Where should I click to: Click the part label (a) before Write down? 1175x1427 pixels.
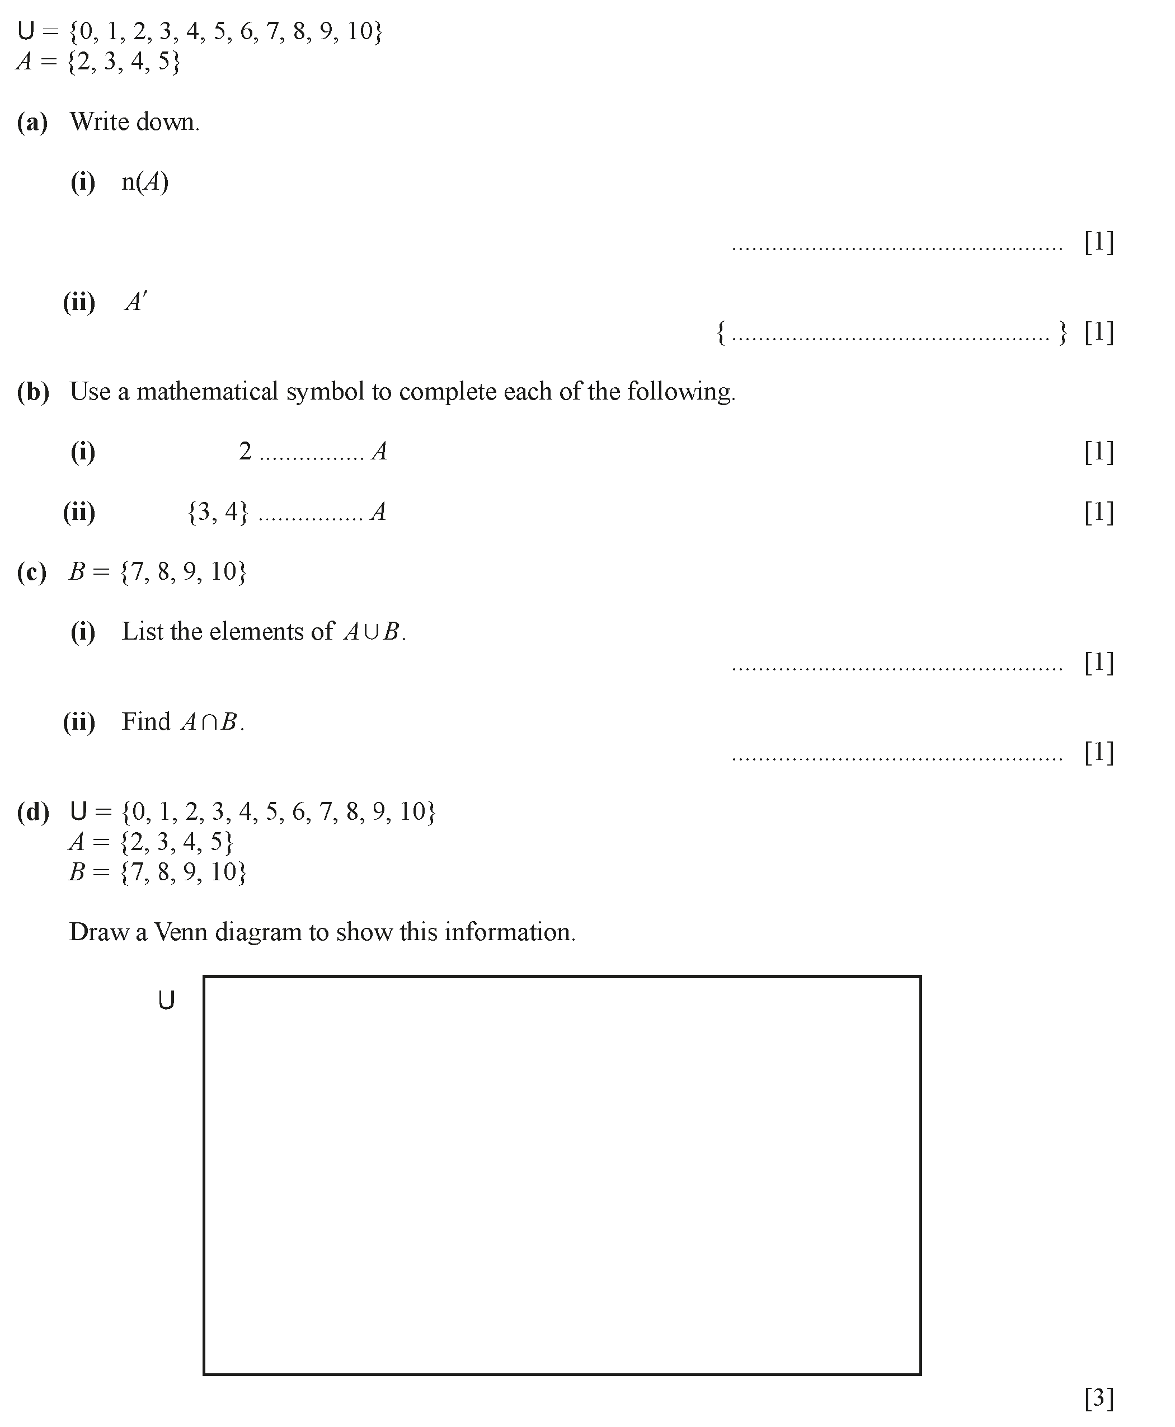[x=32, y=123]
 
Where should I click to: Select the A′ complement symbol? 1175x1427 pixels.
[x=135, y=302]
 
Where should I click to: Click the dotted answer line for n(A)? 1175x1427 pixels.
[x=897, y=248]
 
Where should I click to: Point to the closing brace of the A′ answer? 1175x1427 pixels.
[x=1063, y=332]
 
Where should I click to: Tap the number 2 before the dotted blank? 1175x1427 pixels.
[x=245, y=451]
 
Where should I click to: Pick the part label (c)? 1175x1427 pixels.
[x=32, y=572]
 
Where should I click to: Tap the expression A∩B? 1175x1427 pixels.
[x=210, y=722]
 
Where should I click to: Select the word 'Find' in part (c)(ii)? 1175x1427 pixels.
[x=145, y=722]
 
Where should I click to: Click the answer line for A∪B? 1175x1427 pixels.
[x=897, y=669]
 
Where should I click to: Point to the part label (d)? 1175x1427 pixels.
[x=32, y=811]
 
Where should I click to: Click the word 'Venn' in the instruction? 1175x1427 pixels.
[x=181, y=932]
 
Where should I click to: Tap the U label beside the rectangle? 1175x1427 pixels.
[x=167, y=1000]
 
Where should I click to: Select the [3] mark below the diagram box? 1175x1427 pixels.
[x=1098, y=1397]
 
